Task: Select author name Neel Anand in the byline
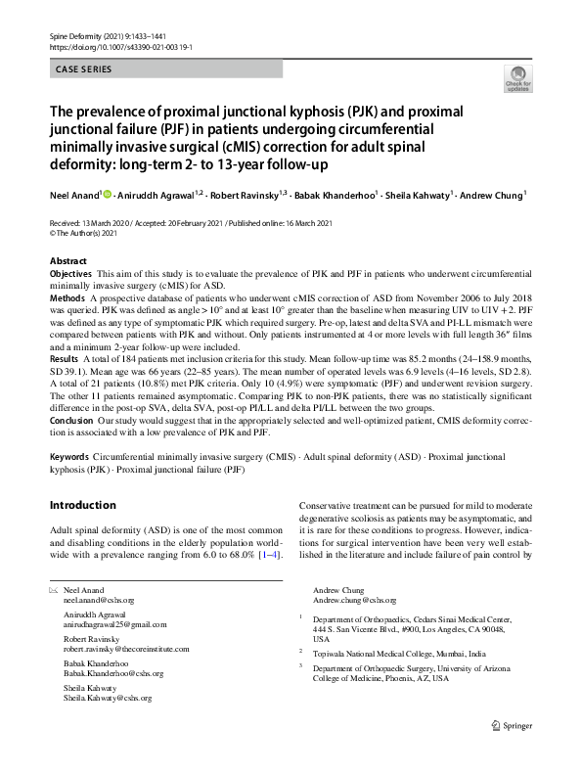click(x=75, y=194)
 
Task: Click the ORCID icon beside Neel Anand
click(x=107, y=193)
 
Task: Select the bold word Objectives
click(x=70, y=275)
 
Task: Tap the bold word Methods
click(x=67, y=296)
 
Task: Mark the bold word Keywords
click(x=69, y=457)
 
